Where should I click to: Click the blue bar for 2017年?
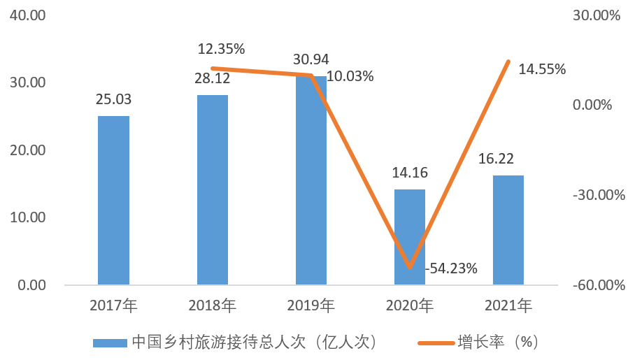point(113,201)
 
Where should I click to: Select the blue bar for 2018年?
point(212,190)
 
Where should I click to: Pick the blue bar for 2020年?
point(410,237)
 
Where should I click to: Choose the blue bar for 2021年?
point(508,230)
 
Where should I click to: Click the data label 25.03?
point(113,99)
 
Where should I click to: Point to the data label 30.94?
point(311,59)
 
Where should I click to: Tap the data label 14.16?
point(410,173)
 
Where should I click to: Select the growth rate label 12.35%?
point(221,49)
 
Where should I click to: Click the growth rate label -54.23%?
point(452,268)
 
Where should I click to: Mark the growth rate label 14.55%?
point(542,69)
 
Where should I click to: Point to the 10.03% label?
point(350,76)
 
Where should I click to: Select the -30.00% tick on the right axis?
point(598,195)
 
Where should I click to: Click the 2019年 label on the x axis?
point(311,305)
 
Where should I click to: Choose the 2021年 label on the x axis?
point(508,305)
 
